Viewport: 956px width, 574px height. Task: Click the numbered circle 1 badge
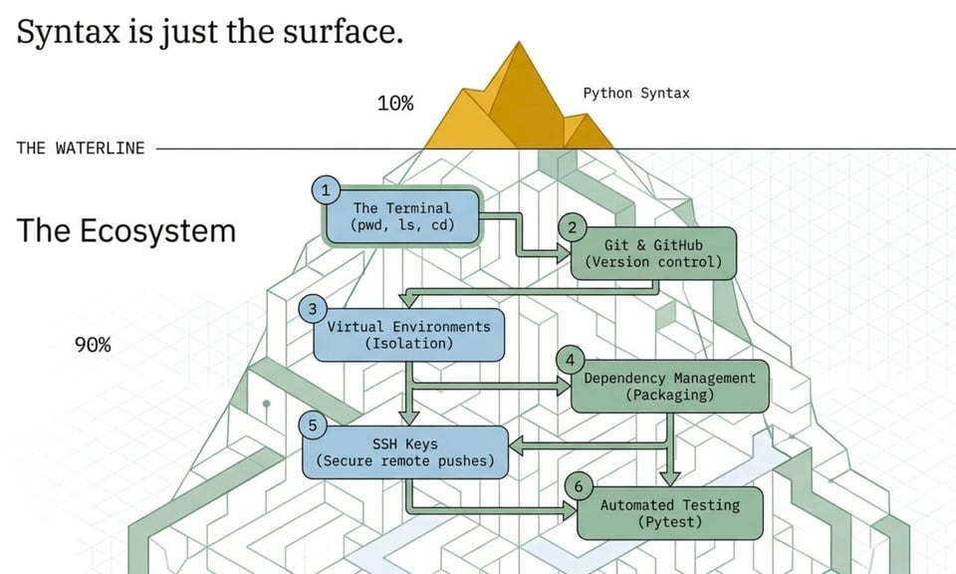click(x=326, y=190)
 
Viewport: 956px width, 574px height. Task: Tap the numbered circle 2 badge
click(x=572, y=228)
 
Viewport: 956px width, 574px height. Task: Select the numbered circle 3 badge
click(x=313, y=309)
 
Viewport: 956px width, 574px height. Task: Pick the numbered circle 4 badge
click(x=570, y=361)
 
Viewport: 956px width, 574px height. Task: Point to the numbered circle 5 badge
click(x=313, y=426)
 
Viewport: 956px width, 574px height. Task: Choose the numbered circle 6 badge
click(x=579, y=486)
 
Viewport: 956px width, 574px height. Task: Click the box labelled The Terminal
click(x=402, y=216)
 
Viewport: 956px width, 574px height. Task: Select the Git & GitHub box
click(x=653, y=253)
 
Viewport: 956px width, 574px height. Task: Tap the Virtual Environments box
click(x=408, y=335)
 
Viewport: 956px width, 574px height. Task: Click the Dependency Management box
click(x=669, y=386)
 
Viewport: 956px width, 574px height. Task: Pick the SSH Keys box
click(x=405, y=452)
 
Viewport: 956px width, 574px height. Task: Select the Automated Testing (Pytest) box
click(x=669, y=513)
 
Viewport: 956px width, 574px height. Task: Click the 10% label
click(x=395, y=103)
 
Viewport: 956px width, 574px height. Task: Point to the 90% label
click(x=93, y=345)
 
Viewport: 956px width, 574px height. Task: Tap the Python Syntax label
click(x=636, y=94)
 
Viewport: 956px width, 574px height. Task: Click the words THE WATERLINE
click(x=81, y=148)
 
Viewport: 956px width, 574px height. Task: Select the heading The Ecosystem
click(x=126, y=230)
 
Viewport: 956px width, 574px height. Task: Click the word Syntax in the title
click(x=69, y=32)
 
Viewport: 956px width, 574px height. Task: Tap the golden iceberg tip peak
click(x=519, y=44)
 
